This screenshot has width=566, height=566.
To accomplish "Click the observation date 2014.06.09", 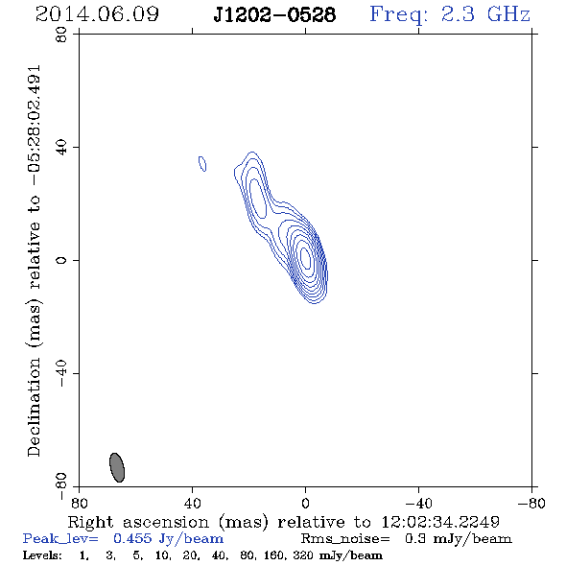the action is point(97,14).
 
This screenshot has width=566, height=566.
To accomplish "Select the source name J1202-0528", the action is point(274,15).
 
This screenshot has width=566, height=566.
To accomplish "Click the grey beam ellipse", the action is point(117,467).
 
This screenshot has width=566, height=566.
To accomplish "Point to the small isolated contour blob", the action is point(202,163).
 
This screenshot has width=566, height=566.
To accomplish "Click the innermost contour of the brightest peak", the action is point(305,255).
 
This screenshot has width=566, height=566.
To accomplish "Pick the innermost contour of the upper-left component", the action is point(258,199).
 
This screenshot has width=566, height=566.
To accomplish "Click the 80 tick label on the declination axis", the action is point(61,35).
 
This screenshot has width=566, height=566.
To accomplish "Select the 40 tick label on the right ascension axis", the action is point(192,503).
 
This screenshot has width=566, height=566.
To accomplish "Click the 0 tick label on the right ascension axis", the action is point(305,503).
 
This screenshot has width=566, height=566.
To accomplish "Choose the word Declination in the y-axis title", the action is point(34,407).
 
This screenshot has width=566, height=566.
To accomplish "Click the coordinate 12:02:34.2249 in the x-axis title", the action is point(440,522).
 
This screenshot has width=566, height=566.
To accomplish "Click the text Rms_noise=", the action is point(345,539).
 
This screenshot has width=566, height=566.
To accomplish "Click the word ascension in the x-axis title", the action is point(166,522).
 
